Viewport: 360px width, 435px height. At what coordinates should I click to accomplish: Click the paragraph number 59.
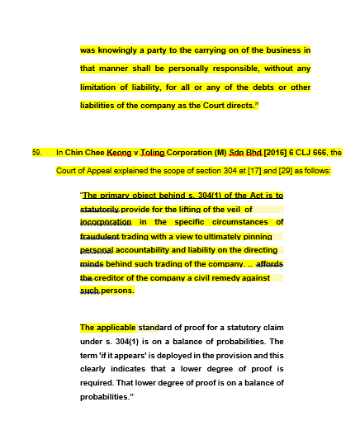(36, 153)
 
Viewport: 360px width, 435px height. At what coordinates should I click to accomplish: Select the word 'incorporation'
(106, 222)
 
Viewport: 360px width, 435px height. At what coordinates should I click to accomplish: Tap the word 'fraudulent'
(100, 236)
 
